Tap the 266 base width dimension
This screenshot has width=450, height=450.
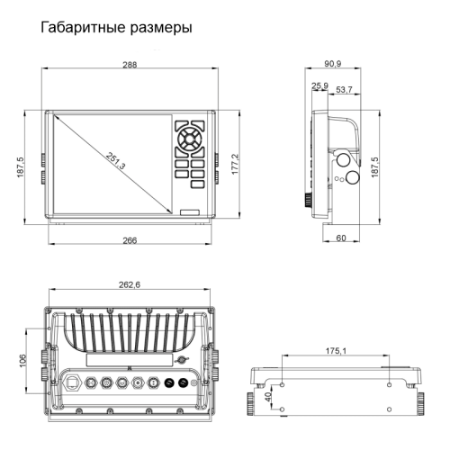point(130,240)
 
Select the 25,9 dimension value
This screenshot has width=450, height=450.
point(319,87)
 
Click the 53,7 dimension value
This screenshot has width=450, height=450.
point(344,90)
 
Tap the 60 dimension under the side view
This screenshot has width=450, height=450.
point(341,238)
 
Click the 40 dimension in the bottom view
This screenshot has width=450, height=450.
point(266,397)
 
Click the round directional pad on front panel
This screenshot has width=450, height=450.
point(190,139)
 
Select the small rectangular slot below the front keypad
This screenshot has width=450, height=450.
point(190,212)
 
